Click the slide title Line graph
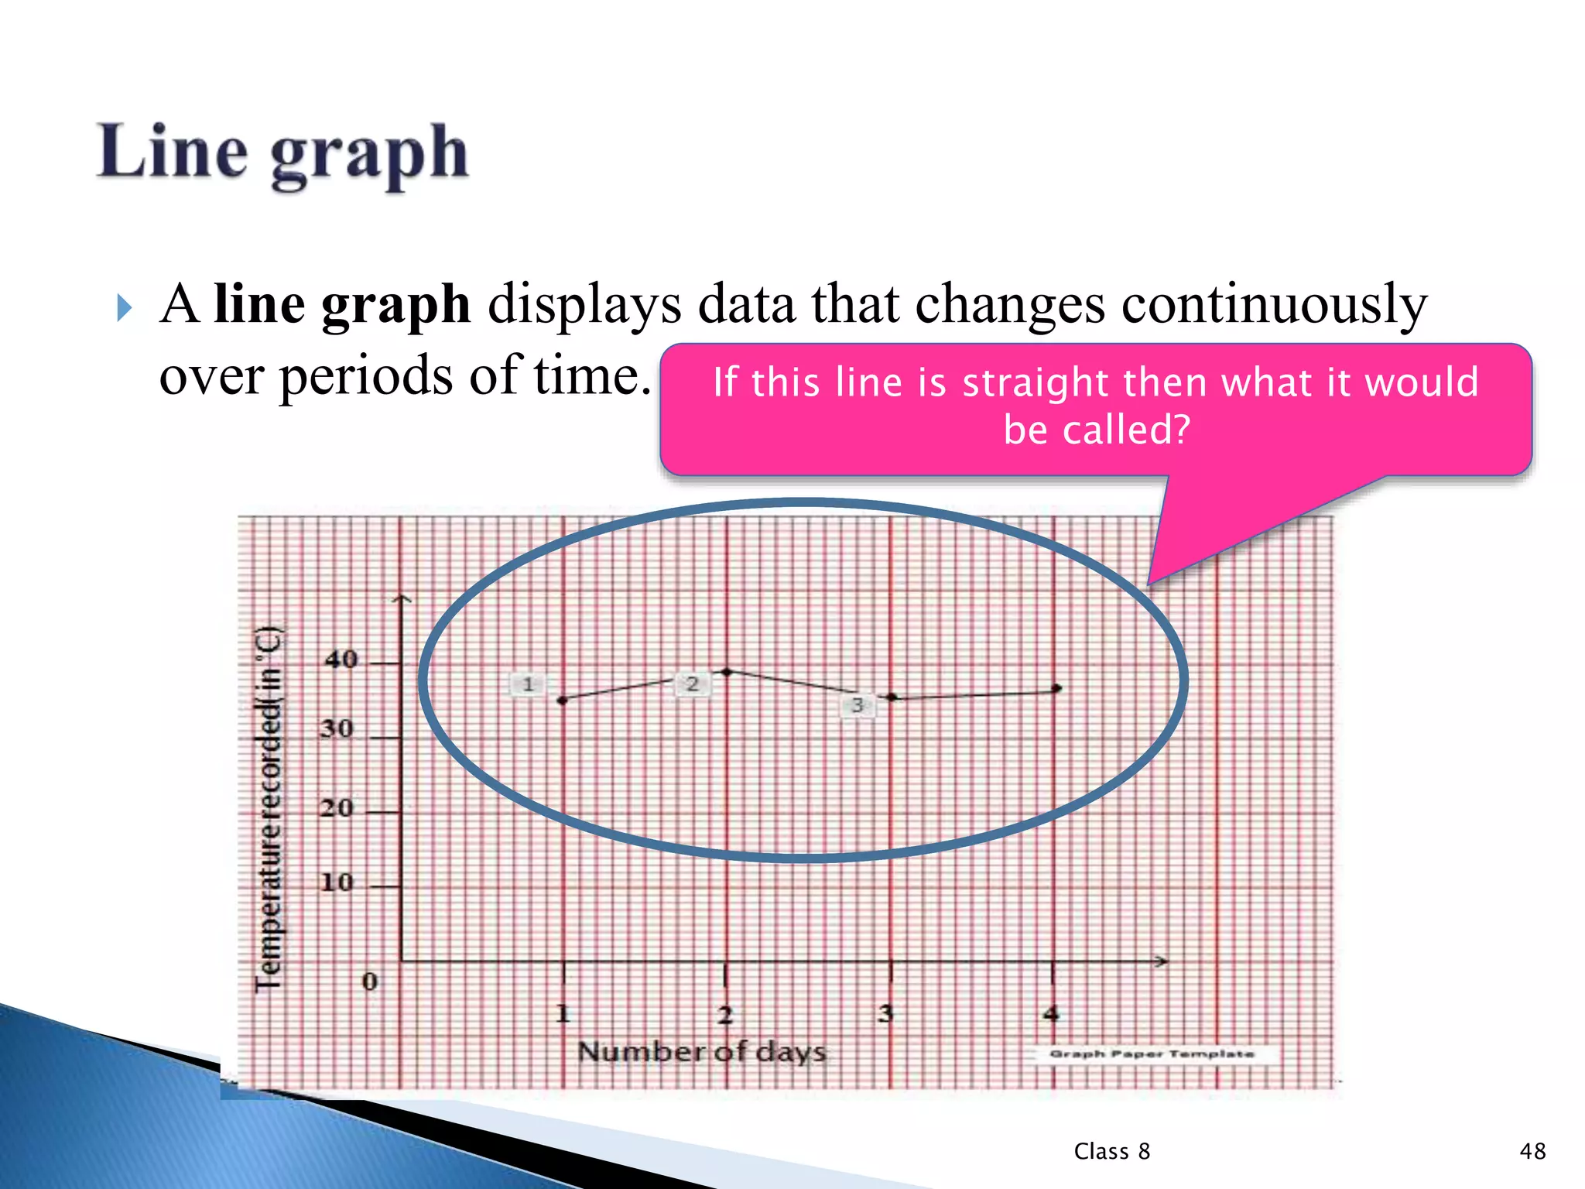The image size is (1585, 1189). (282, 153)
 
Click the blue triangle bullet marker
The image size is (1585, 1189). (124, 308)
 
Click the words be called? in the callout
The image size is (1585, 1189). (1096, 430)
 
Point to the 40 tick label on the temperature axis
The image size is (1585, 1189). (341, 660)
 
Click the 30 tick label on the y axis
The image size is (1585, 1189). (337, 728)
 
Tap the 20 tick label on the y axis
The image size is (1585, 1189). (337, 808)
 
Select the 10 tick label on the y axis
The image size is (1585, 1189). (337, 882)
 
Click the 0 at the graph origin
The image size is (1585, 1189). (370, 982)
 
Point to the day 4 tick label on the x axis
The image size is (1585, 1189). (1050, 1013)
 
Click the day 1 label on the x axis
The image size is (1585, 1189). (563, 1013)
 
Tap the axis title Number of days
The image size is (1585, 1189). (702, 1052)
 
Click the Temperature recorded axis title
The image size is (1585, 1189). (269, 809)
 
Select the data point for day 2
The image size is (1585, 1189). (727, 672)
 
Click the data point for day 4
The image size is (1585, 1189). (1057, 688)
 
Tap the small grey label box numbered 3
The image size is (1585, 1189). (858, 705)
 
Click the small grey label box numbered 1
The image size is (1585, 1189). (528, 684)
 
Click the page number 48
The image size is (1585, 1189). (1532, 1151)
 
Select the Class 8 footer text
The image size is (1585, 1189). (1111, 1151)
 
